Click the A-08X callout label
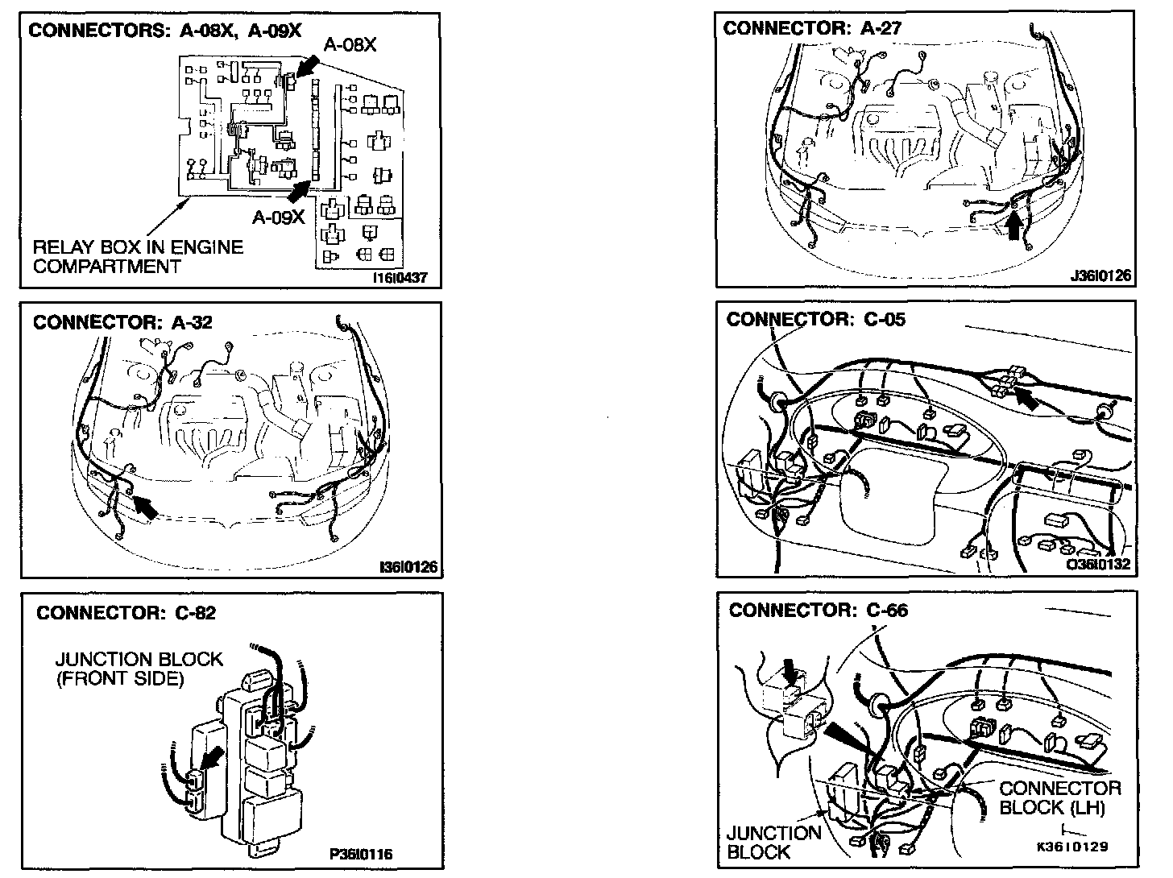(350, 46)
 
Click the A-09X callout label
(278, 217)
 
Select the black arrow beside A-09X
(300, 190)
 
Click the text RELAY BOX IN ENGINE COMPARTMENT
(137, 256)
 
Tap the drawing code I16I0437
(401, 279)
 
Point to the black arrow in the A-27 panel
(1015, 223)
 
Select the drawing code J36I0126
(1100, 276)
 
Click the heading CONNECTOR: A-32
(122, 322)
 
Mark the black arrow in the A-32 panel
(145, 507)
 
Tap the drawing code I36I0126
(408, 568)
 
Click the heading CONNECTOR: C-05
(815, 320)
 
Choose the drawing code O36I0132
(1098, 565)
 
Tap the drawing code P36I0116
(361, 854)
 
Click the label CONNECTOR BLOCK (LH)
(1060, 797)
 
